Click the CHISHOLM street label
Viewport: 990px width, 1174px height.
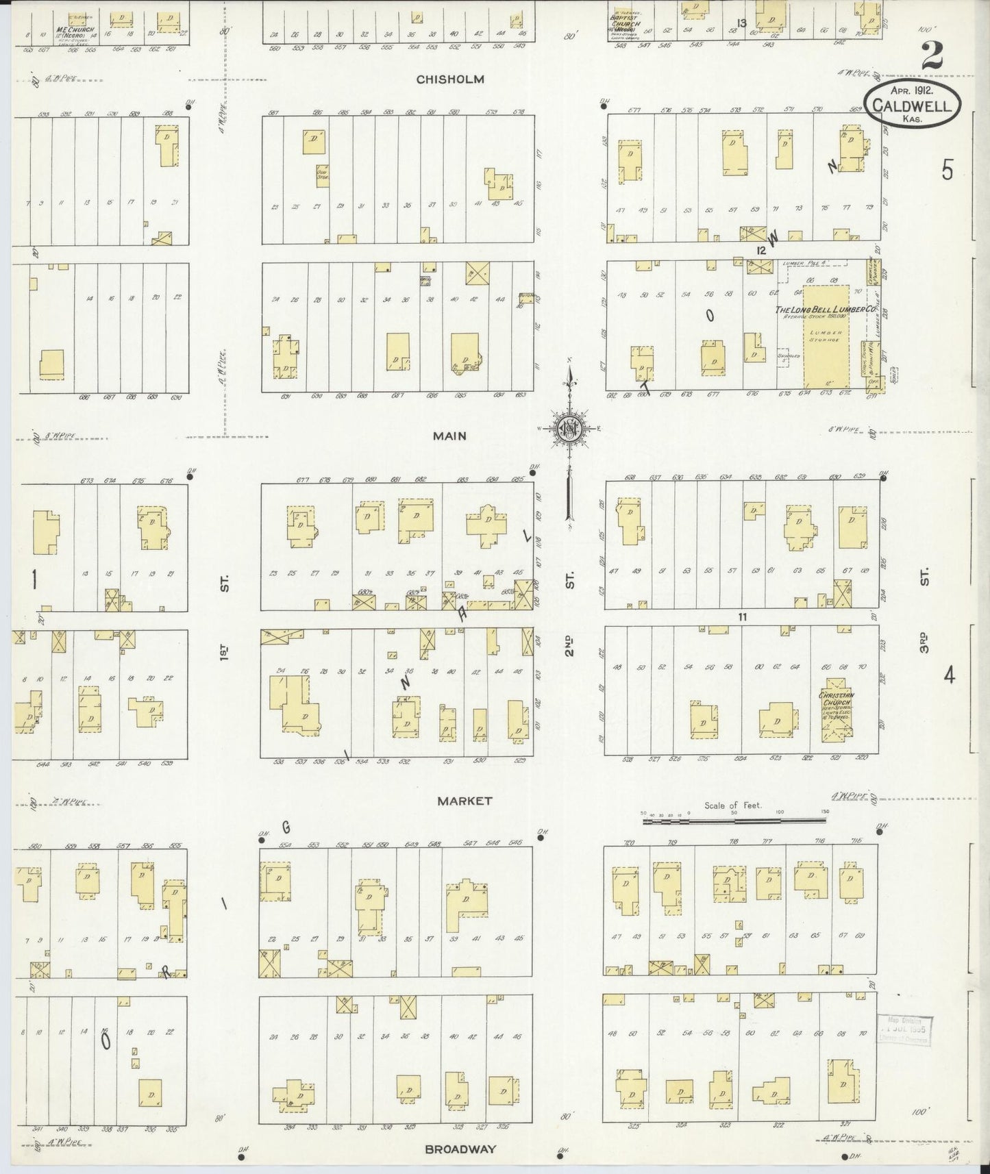pyautogui.click(x=450, y=79)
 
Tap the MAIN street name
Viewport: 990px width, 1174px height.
pyautogui.click(x=449, y=436)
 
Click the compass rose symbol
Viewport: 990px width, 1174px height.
pyautogui.click(x=570, y=429)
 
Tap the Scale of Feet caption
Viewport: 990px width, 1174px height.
pyautogui.click(x=733, y=805)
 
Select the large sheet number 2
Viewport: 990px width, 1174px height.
pyautogui.click(x=933, y=55)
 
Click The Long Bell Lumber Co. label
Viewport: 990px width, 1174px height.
pyautogui.click(x=826, y=310)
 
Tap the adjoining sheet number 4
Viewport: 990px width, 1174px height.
pyautogui.click(x=949, y=676)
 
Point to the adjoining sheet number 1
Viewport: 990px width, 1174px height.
pyautogui.click(x=33, y=580)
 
